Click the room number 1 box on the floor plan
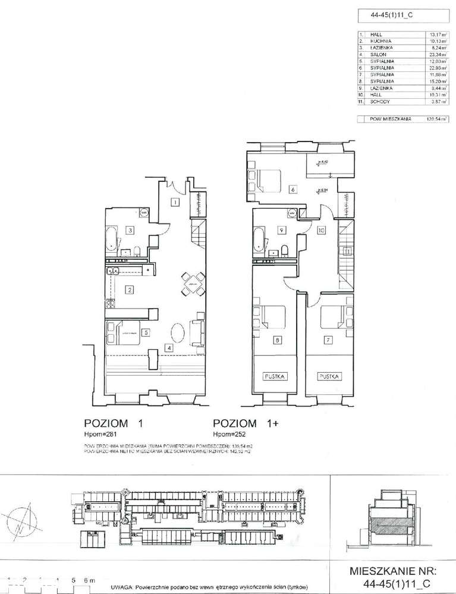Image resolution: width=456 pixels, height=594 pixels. click(175, 202)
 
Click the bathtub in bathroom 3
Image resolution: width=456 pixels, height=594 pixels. click(113, 240)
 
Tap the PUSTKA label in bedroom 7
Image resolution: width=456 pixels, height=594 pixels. click(329, 376)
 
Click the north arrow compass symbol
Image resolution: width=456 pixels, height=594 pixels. click(22, 518)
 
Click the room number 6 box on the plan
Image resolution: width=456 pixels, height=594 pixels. click(293, 190)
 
